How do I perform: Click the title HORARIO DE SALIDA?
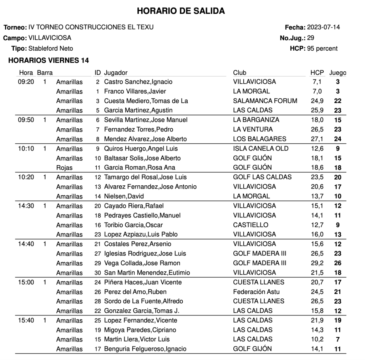point(181,11)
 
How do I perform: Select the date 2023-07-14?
point(323,27)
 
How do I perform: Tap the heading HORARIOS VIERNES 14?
point(49,61)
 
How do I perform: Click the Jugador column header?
point(116,73)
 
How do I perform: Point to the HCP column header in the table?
point(317,73)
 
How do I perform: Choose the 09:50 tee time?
point(26,120)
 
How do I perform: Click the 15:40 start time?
point(26,320)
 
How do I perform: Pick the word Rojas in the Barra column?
point(64,168)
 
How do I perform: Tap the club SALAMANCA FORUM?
point(265,101)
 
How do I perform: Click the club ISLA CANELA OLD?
point(261,149)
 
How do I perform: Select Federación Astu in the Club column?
point(254,292)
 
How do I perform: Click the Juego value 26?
point(338,263)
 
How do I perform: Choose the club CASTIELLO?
point(250,225)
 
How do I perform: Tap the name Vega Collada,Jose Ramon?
point(142,263)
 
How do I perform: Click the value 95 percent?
point(322,48)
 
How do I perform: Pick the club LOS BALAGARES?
point(259,139)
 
